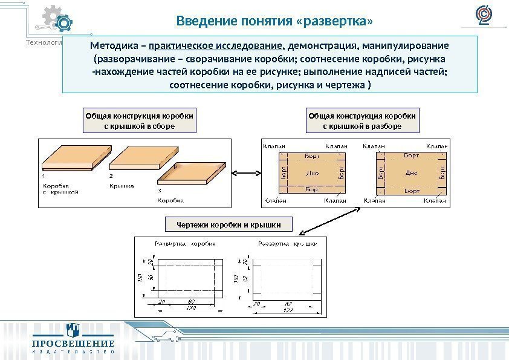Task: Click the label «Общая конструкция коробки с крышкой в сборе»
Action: click(140, 120)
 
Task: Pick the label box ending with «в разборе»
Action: click(362, 120)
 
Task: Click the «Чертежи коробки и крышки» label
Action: click(229, 225)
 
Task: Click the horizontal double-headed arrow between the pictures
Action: click(247, 174)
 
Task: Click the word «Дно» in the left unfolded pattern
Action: click(312, 173)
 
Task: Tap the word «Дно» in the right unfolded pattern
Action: click(411, 172)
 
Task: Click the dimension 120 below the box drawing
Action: click(191, 309)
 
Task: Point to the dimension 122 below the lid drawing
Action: click(288, 310)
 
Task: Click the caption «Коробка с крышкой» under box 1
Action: click(60, 189)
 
